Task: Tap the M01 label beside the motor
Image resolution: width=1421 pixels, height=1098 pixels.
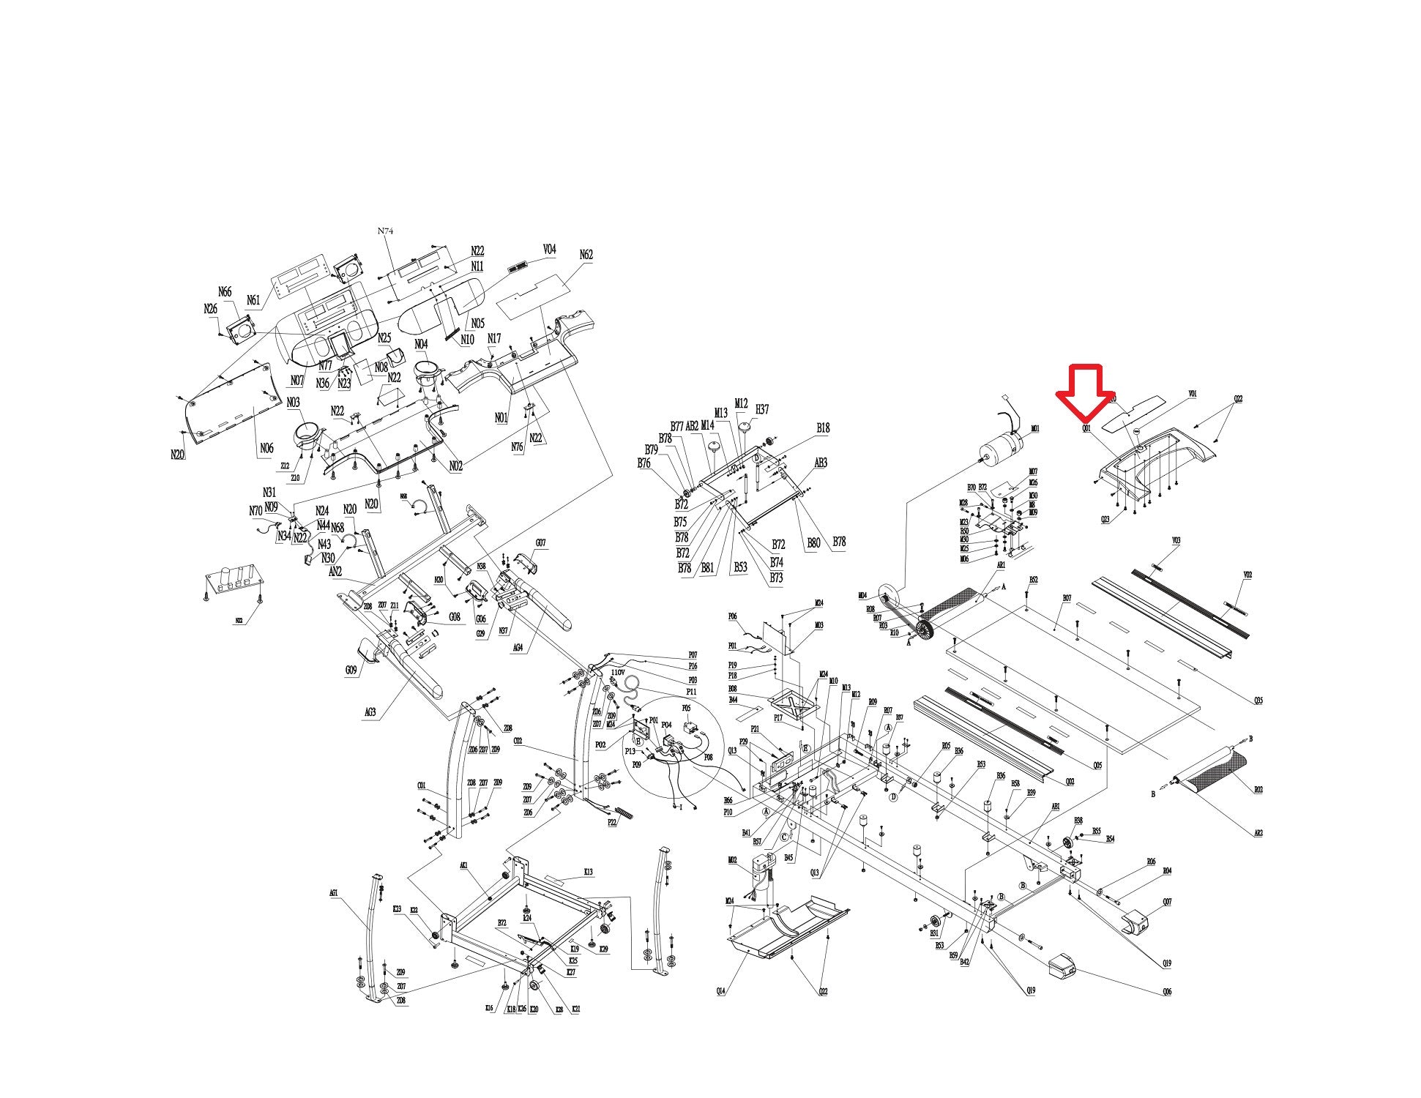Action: click(x=1035, y=429)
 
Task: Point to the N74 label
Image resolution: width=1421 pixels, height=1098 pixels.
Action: click(x=386, y=231)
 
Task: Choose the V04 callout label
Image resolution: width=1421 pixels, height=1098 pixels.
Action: click(x=549, y=250)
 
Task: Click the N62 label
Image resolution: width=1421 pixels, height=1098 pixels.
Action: click(x=586, y=255)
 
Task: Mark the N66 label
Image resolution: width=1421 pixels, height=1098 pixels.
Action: click(x=225, y=293)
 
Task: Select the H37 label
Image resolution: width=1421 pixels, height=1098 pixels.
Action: click(x=762, y=409)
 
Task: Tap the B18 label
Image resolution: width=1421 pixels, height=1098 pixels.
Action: click(x=823, y=428)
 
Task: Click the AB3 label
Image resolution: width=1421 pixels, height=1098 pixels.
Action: click(x=821, y=463)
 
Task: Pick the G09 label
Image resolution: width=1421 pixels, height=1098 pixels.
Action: click(x=351, y=670)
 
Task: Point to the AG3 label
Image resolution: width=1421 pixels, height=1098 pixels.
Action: click(x=370, y=712)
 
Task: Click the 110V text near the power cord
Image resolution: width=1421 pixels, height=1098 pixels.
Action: click(x=618, y=672)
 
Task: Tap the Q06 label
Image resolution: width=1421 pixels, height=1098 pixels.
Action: click(x=1166, y=992)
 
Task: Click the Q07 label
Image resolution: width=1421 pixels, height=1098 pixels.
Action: click(x=1167, y=902)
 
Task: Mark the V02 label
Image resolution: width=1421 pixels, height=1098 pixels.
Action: click(x=1247, y=575)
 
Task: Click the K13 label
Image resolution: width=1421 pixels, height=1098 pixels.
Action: click(x=588, y=872)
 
